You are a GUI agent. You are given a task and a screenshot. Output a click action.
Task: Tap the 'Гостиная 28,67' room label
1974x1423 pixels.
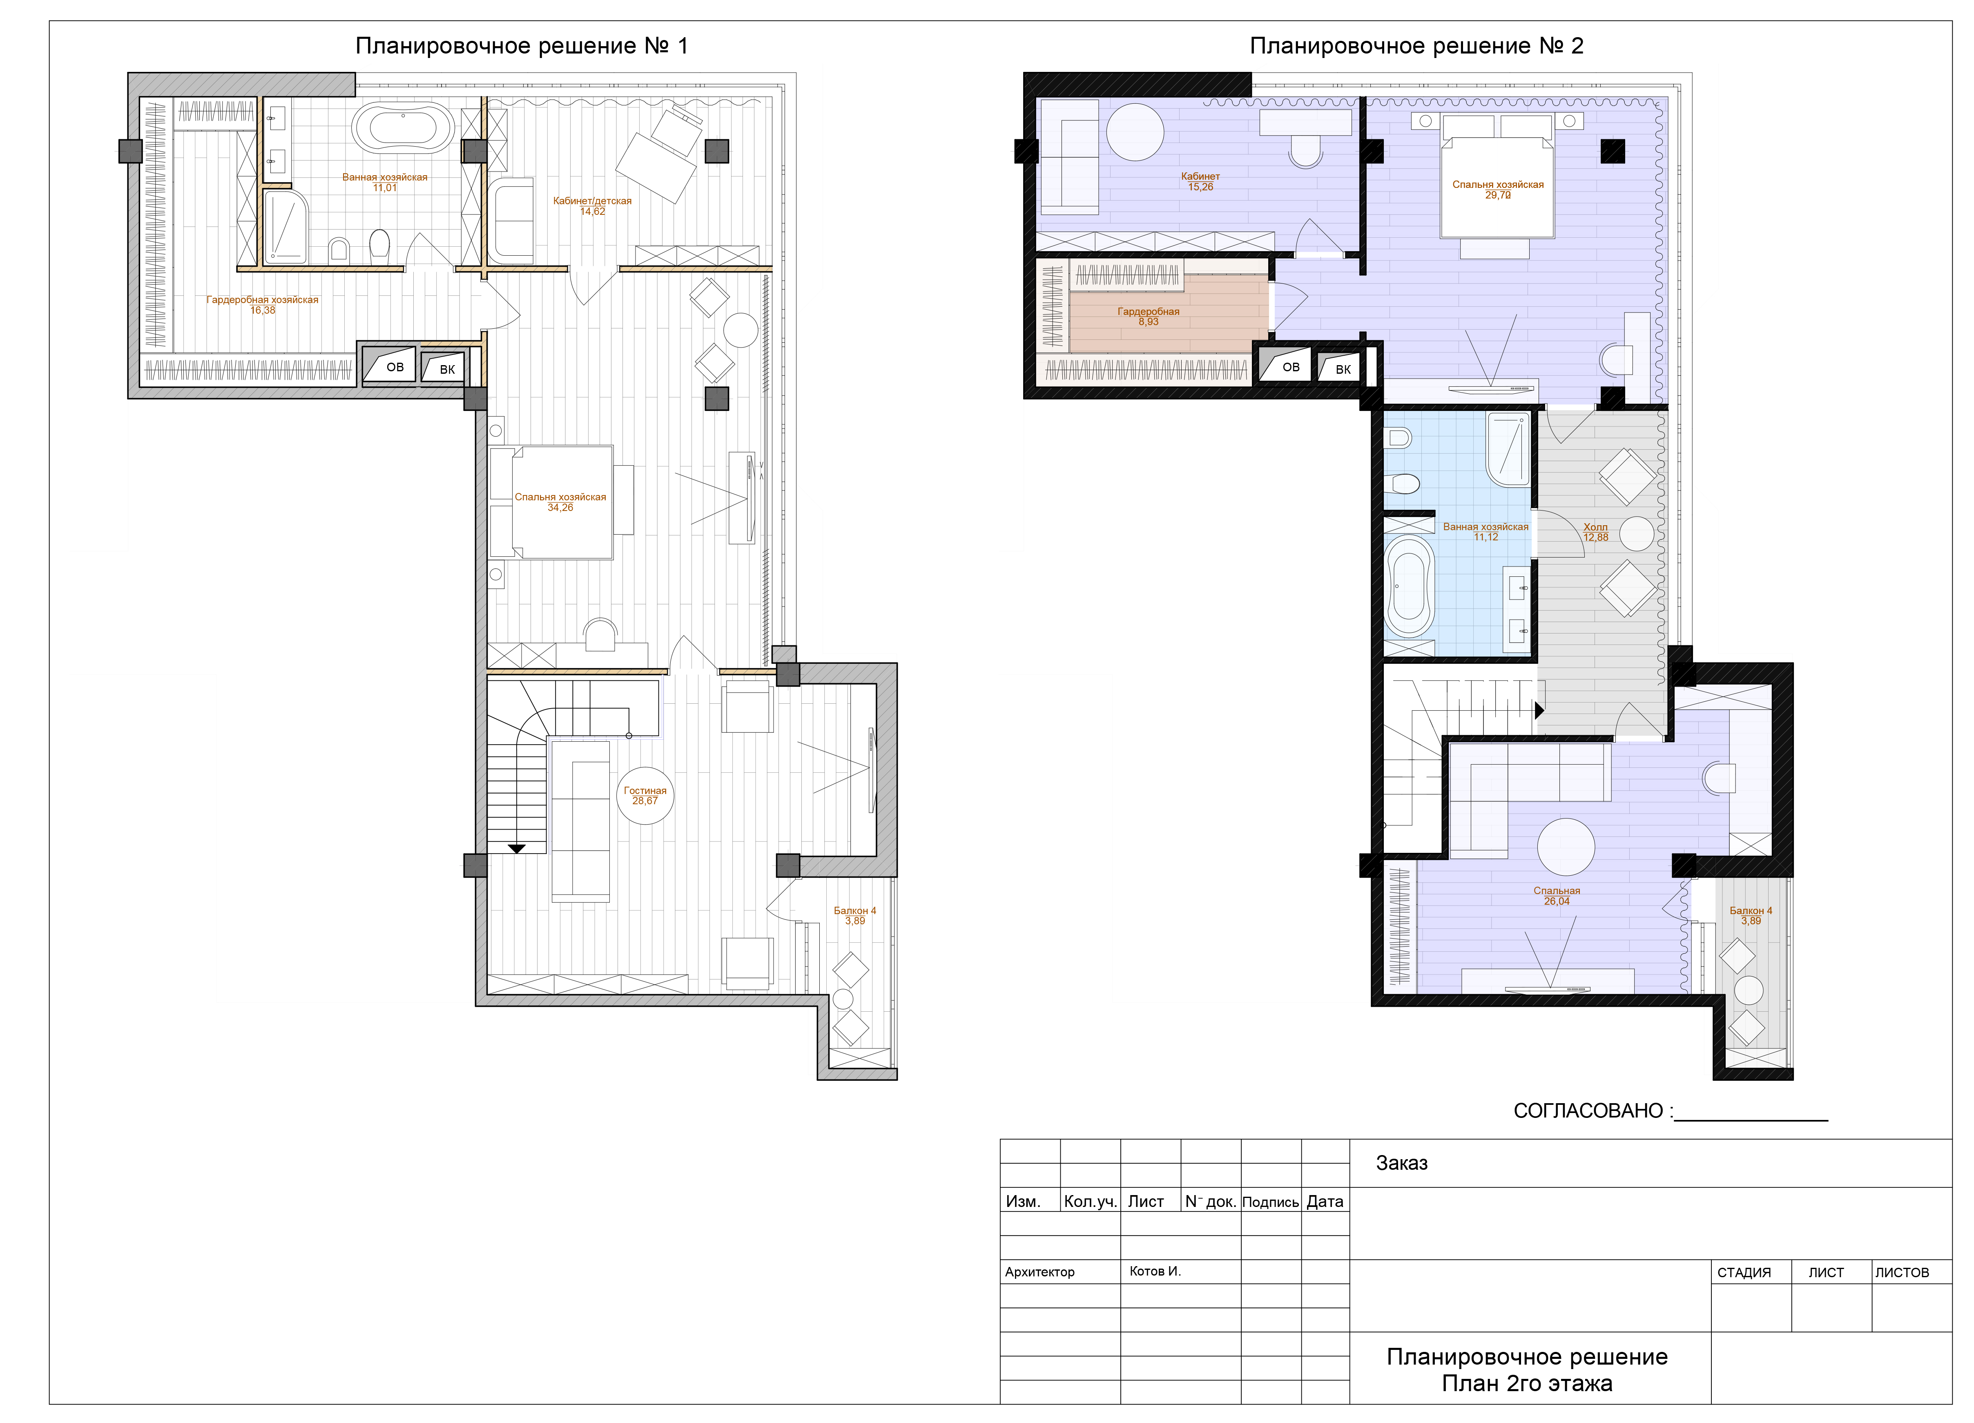click(645, 796)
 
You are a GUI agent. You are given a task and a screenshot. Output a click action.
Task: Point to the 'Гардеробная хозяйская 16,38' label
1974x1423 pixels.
click(262, 305)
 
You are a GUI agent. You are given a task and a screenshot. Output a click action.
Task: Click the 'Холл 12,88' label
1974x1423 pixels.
click(1595, 532)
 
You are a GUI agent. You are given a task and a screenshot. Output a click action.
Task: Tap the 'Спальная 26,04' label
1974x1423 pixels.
click(1556, 896)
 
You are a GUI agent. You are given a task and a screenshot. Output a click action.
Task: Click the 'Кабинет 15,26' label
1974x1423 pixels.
click(1200, 181)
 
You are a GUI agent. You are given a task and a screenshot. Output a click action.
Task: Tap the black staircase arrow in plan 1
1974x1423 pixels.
click(517, 849)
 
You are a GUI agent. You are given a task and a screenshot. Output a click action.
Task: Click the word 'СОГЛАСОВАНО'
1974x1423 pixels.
click(1588, 1111)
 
